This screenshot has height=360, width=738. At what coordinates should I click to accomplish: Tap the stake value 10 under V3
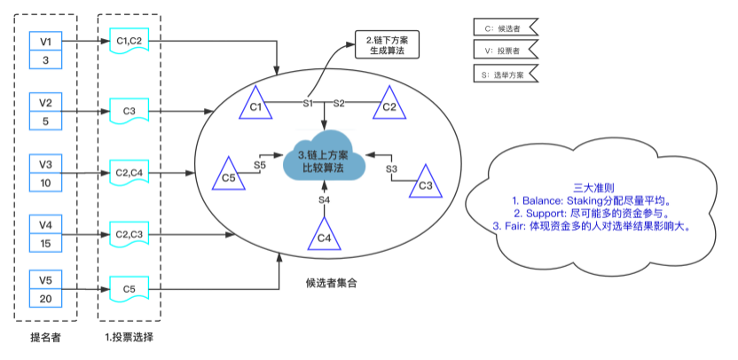45,183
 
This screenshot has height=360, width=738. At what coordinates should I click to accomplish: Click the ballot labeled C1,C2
129,43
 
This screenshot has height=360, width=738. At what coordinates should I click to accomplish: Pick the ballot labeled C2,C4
129,174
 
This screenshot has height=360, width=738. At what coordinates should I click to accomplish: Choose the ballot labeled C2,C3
129,234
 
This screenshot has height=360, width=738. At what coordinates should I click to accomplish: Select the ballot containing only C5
129,289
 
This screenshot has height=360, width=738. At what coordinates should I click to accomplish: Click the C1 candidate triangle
255,106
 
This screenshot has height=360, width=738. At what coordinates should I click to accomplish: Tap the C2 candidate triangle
389,106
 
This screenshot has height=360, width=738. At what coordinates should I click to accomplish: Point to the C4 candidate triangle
325,237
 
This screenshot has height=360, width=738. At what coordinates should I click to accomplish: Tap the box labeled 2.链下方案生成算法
387,44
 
